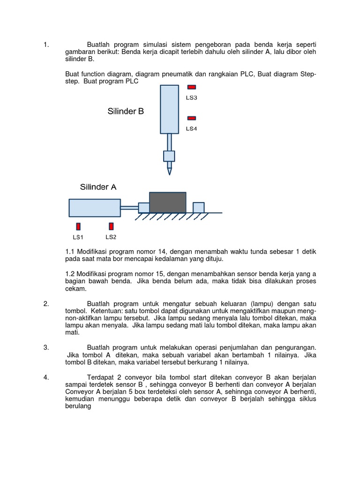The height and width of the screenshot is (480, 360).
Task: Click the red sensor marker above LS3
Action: tap(192, 87)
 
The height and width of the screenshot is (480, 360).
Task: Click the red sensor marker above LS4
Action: tap(192, 119)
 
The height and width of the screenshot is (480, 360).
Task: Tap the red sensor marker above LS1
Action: tap(78, 226)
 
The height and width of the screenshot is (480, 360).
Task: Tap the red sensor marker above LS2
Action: tap(111, 226)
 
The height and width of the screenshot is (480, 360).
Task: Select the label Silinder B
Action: tap(126, 112)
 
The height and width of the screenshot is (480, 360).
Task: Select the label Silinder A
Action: tap(98, 187)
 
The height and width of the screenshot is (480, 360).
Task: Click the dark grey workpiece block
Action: tap(167, 202)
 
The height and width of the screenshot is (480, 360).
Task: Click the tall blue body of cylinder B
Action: tap(169, 109)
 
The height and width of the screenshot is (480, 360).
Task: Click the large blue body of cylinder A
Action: tap(94, 208)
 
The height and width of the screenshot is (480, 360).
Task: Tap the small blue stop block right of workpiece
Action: tap(198, 207)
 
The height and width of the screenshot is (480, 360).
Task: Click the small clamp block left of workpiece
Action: tap(144, 208)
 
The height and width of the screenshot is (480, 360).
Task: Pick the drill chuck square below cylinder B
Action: tap(169, 156)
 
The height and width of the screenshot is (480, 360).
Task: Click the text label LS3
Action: tap(191, 98)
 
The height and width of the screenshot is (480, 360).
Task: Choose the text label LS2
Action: tap(111, 237)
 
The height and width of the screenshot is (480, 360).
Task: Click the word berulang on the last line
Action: tap(77, 407)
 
